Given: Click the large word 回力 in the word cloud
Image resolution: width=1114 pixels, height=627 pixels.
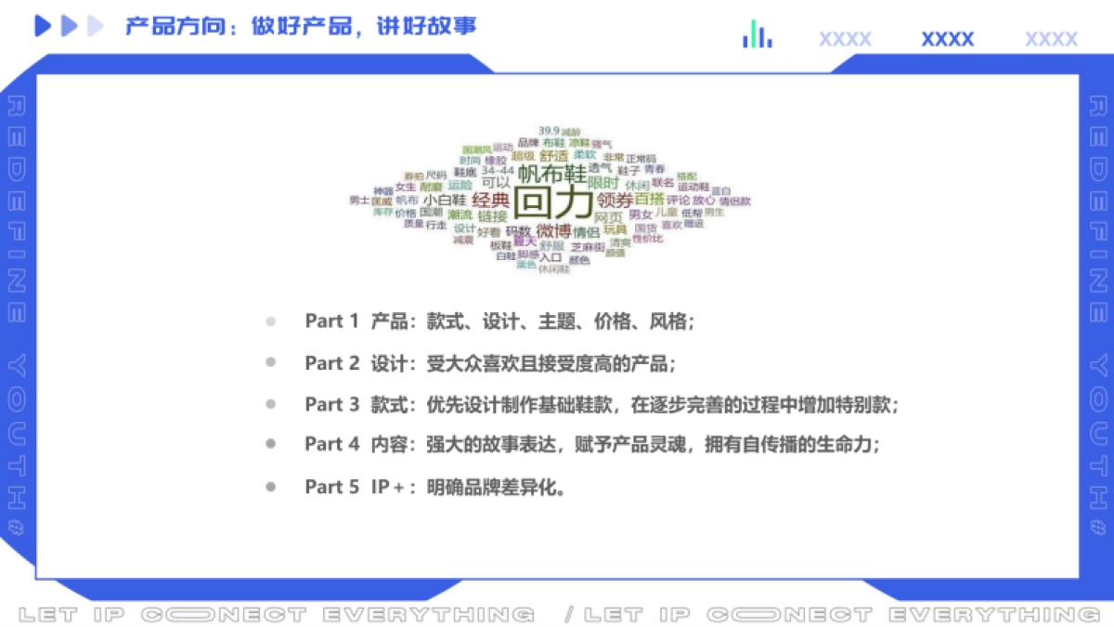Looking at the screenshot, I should point(553,202).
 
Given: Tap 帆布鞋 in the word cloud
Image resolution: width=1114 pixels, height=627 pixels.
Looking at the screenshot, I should point(552,173).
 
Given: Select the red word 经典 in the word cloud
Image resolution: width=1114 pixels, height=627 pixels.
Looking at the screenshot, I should point(490,199).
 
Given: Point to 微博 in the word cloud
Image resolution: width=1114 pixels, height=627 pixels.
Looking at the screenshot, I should point(554,230).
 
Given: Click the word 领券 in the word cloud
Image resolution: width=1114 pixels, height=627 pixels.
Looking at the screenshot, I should point(615,200).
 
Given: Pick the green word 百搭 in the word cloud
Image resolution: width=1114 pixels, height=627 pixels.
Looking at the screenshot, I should point(650,199).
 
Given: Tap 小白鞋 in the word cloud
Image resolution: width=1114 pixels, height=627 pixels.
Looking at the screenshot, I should point(445,199).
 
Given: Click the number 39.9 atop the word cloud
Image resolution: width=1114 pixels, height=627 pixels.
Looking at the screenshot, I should point(548,130).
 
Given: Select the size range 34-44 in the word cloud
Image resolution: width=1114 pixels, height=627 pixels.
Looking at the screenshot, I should point(497,170).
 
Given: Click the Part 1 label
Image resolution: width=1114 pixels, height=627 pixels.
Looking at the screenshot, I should point(331,321).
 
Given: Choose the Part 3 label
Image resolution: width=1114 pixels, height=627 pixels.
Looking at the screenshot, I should point(331,404).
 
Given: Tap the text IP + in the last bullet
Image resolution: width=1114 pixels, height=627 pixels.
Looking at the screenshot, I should point(394,486).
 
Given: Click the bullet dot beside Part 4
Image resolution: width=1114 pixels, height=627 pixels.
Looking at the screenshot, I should point(270,445).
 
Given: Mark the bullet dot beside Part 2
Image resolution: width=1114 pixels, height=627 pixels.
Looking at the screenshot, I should point(270,363).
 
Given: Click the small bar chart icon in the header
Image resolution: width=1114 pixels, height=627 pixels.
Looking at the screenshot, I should point(758,35).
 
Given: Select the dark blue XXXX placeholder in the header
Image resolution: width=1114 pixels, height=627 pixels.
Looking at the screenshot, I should point(947,39).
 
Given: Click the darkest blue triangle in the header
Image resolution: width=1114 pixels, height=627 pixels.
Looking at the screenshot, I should point(43,27).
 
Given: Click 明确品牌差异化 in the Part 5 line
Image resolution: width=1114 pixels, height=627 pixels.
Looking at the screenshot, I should point(496,486).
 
